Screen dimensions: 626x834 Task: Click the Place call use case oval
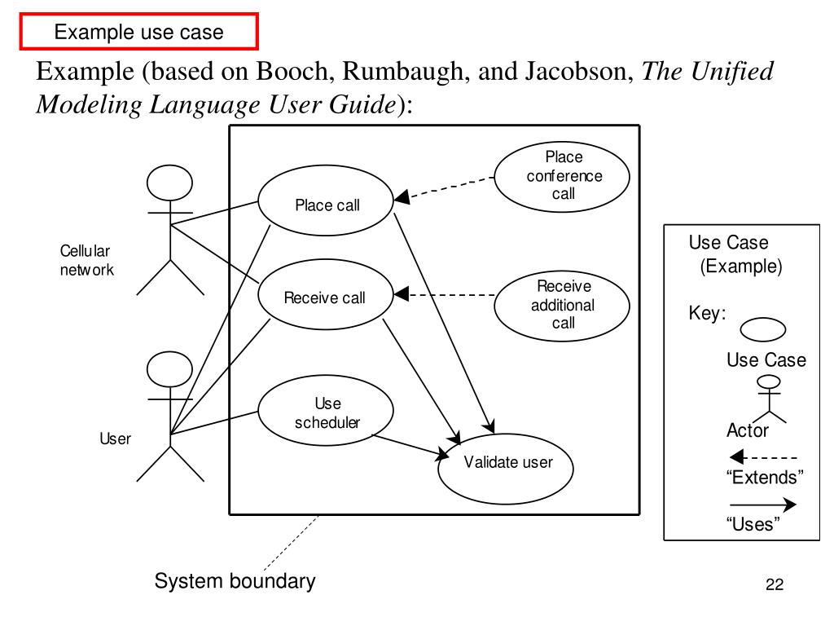pos(326,204)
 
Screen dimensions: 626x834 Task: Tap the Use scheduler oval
pos(326,412)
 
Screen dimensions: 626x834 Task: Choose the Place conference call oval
pos(563,176)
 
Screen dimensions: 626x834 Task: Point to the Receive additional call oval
pos(563,306)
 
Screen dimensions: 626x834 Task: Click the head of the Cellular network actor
pos(169,183)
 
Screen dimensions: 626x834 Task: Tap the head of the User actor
pos(169,370)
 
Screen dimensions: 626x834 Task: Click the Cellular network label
pos(86,260)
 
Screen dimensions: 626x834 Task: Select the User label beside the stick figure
pos(115,439)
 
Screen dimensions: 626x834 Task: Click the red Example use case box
pos(138,32)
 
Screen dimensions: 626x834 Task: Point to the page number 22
pos(774,585)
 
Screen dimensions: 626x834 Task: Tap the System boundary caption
pos(235,581)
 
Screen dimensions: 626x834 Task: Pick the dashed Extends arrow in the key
pos(763,458)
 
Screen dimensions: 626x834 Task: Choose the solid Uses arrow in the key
pos(763,505)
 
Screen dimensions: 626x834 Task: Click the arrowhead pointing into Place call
pos(401,198)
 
